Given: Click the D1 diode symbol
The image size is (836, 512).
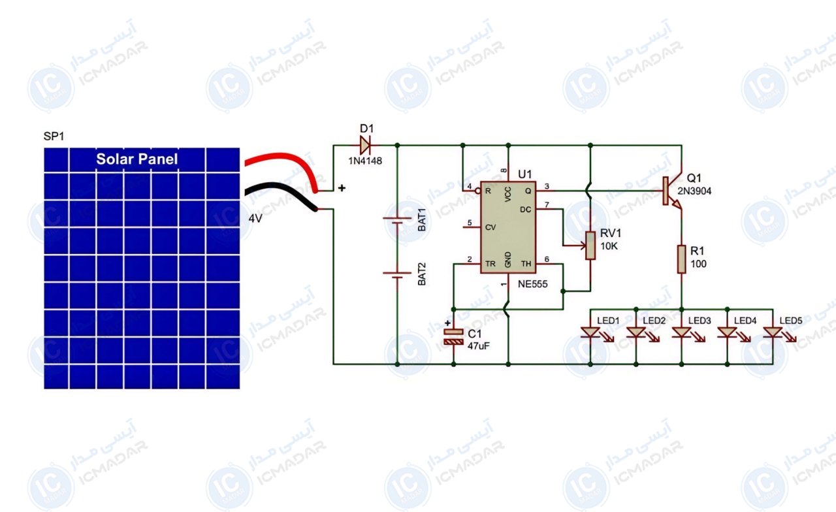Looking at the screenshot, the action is (365, 145).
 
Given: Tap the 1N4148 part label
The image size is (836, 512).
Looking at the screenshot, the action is (365, 161).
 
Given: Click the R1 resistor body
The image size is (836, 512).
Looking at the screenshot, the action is (681, 259).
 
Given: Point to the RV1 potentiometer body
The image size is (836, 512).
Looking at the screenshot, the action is (590, 245).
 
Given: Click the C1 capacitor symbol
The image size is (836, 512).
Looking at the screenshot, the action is (453, 336).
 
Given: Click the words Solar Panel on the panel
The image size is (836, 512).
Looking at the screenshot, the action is (137, 159).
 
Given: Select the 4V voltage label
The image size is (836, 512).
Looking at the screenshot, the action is (255, 218).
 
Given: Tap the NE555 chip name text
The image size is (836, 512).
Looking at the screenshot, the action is (532, 284).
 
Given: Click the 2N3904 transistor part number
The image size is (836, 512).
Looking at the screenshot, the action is (694, 191).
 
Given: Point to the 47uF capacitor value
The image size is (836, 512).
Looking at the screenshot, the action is (479, 346).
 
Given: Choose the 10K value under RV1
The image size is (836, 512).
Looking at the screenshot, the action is (609, 246).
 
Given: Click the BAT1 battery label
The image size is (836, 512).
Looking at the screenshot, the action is (421, 220).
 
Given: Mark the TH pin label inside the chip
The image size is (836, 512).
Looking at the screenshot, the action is (526, 264).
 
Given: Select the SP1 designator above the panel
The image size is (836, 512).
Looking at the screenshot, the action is (54, 136).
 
